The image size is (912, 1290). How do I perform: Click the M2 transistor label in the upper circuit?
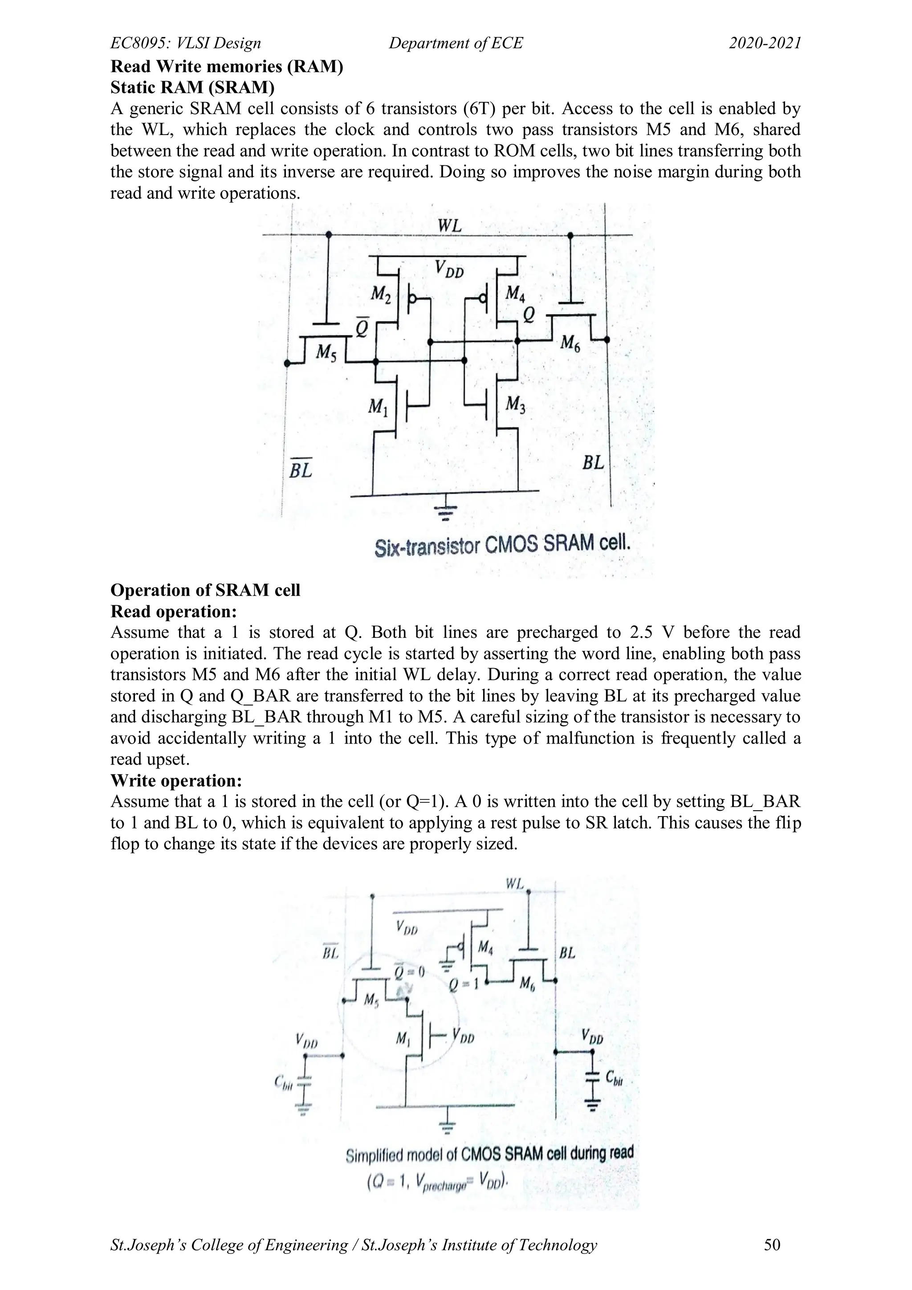381,294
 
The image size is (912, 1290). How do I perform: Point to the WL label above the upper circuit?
449,226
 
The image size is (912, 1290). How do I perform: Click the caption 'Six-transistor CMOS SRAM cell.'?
503,545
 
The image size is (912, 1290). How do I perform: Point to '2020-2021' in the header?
765,43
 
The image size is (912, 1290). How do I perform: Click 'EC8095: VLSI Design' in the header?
186,43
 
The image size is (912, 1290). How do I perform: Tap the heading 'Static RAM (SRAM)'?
193,88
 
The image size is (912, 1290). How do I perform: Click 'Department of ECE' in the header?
456,43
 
